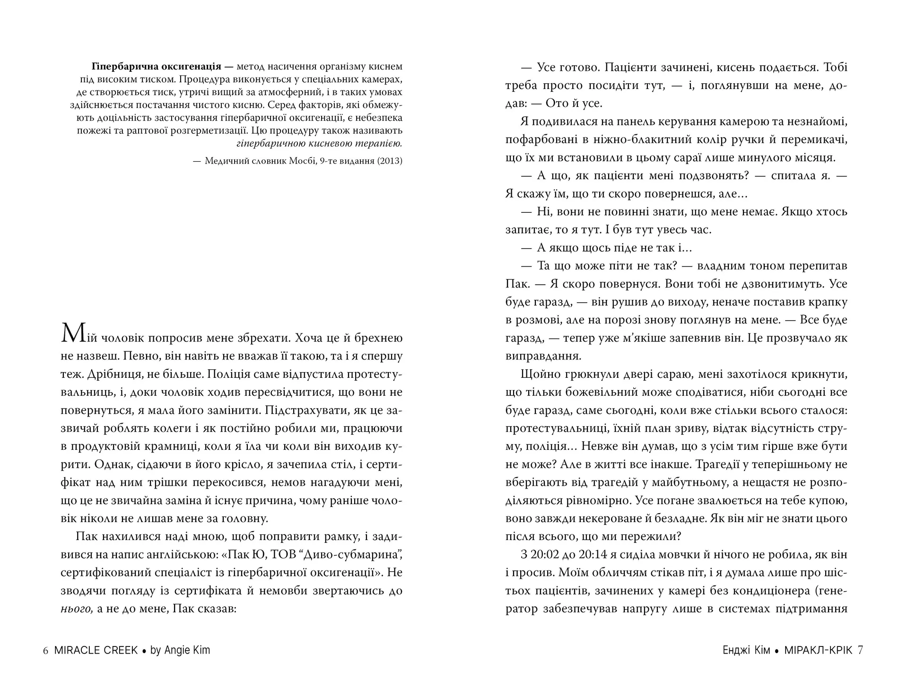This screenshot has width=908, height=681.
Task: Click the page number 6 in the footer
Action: coord(45,651)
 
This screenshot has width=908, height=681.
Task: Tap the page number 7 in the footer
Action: coord(860,651)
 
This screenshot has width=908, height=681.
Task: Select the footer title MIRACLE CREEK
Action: coord(96,651)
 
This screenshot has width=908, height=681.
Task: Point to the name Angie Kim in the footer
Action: coord(187,651)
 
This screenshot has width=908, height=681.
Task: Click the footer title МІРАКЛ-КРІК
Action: coord(818,651)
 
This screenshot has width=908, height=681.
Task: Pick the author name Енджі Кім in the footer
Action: coord(746,651)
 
